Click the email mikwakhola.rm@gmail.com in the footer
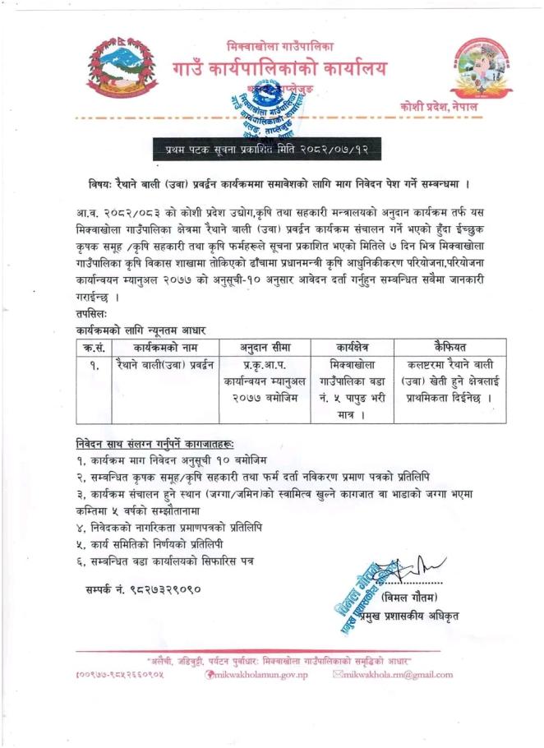point(394,675)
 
